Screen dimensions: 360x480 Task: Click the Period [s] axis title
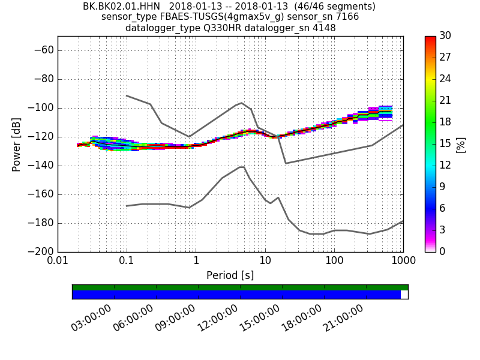[230, 275]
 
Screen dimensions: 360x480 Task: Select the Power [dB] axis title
[16, 144]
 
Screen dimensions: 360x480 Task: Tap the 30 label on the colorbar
[445, 36]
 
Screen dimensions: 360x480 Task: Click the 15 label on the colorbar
[445, 144]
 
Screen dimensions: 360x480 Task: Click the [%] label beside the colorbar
[461, 144]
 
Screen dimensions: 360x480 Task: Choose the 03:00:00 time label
[92, 317]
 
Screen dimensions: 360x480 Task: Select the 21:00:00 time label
[344, 317]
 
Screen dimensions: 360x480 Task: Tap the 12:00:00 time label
[218, 317]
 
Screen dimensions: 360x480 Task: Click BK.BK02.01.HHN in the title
[121, 7]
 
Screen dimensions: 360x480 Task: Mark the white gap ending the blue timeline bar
[404, 295]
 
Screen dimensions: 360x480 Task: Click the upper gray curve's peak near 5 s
[241, 103]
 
